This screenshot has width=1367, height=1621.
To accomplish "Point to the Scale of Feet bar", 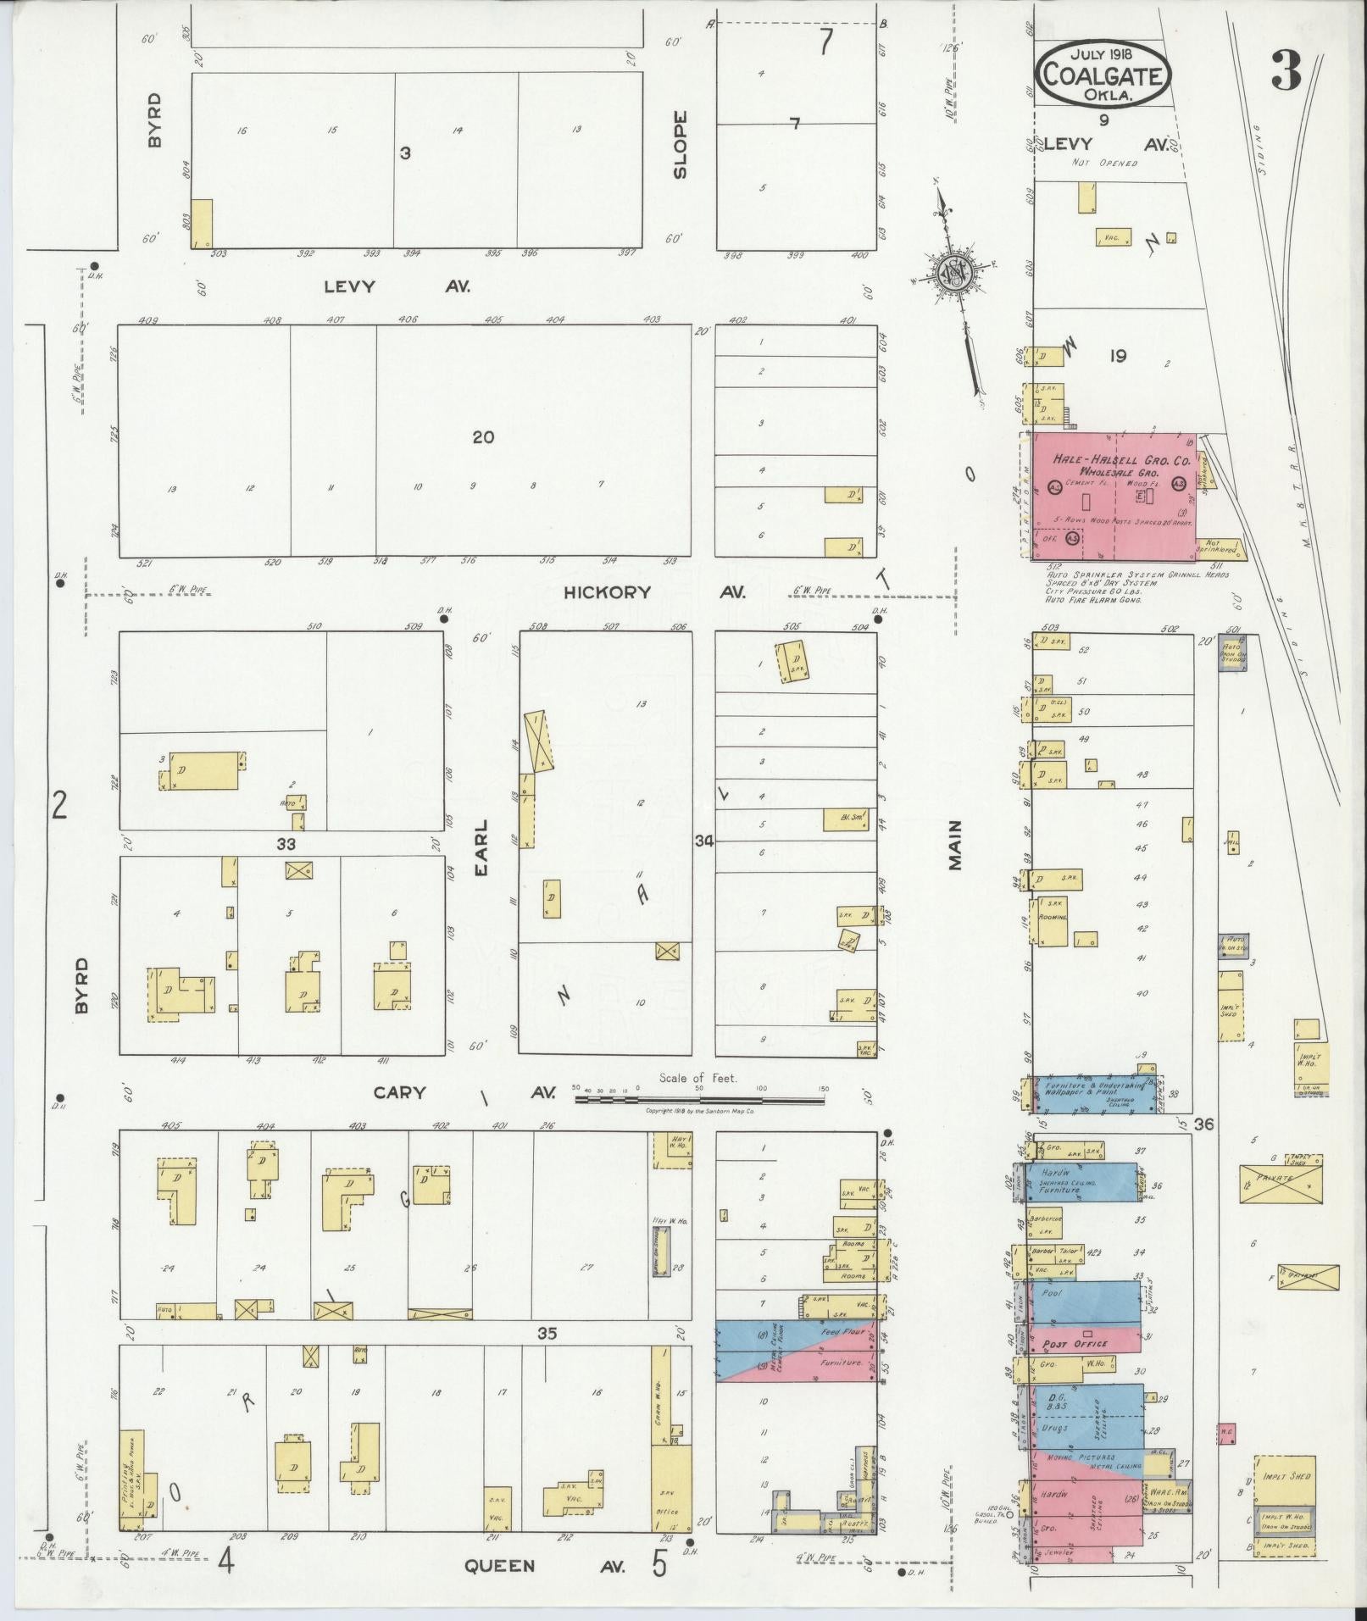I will [x=699, y=1100].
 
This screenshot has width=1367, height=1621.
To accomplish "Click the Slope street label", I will [x=680, y=145].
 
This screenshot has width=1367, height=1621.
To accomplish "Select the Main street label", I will [x=956, y=845].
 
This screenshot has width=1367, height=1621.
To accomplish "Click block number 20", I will [x=483, y=437].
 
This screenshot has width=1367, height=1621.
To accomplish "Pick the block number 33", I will [x=286, y=844].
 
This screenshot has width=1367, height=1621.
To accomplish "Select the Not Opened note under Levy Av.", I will [x=1103, y=163].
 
